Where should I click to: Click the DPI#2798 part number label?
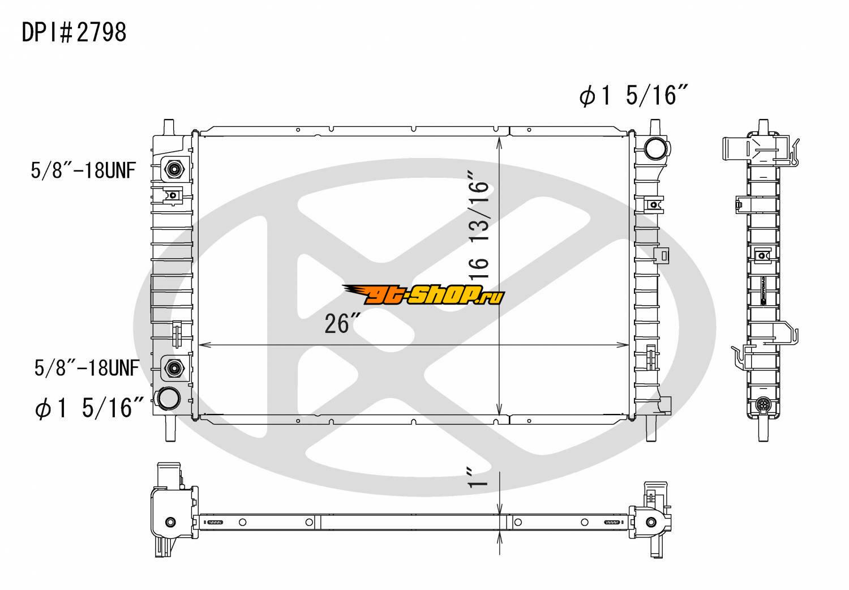point(74,32)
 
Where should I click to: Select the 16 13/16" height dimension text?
point(479,225)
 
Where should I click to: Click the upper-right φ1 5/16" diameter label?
point(633,95)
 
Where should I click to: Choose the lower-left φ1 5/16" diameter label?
point(89,408)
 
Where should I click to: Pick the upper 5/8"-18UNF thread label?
point(83,170)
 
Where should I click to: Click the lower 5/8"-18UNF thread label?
point(87,367)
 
